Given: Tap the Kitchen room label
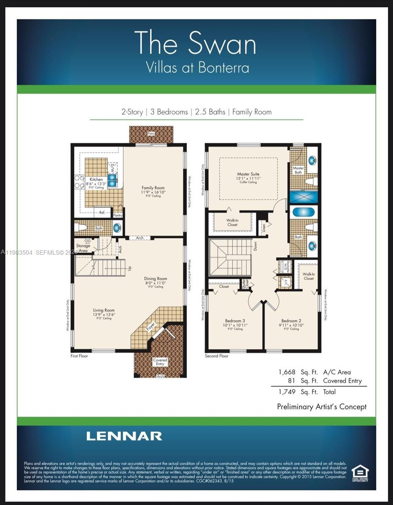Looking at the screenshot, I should (96, 180).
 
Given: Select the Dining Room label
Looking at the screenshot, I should (156, 279).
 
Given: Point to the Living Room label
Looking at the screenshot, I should (104, 311).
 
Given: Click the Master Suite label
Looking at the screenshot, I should (248, 174).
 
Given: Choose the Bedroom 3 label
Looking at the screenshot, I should (235, 321).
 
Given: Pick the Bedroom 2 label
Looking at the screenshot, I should (291, 321).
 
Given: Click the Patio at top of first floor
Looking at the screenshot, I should (151, 134).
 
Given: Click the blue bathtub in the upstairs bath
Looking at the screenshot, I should (301, 212).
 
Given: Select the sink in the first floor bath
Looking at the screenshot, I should (117, 228).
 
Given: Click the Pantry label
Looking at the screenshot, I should (118, 215).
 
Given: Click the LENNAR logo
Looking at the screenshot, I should (124, 436).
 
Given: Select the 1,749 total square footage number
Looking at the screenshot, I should (286, 392).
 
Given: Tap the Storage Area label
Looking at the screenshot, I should (83, 248).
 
